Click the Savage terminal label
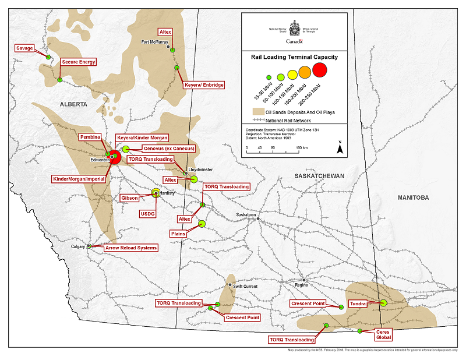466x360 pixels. point(25,48)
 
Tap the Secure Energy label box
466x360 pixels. point(79,62)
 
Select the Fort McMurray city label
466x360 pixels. point(155,42)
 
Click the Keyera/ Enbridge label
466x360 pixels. point(203,85)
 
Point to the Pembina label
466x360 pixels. point(90,135)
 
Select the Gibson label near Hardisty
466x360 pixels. point(129,198)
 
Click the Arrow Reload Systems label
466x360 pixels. point(130,248)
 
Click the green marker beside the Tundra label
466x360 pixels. point(383,303)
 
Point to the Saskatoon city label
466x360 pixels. point(246,214)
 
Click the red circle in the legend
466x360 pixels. point(320,70)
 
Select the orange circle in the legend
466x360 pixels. point(304,72)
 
